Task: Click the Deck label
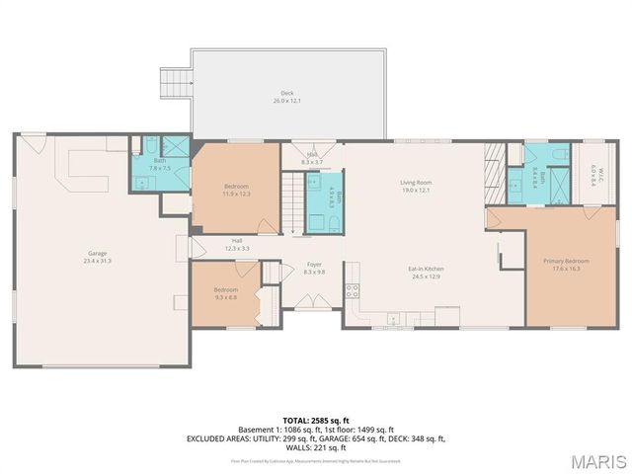click(286, 97)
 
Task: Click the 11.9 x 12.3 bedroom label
click(236, 190)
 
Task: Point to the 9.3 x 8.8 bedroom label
click(225, 293)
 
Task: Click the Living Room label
click(416, 186)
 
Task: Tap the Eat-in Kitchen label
click(426, 272)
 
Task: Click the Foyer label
click(314, 268)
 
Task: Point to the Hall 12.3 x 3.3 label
click(237, 243)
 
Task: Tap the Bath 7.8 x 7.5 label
click(159, 165)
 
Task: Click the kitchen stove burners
click(351, 290)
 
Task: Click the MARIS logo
click(597, 460)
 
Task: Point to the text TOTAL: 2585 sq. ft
click(316, 420)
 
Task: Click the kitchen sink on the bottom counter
click(393, 319)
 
